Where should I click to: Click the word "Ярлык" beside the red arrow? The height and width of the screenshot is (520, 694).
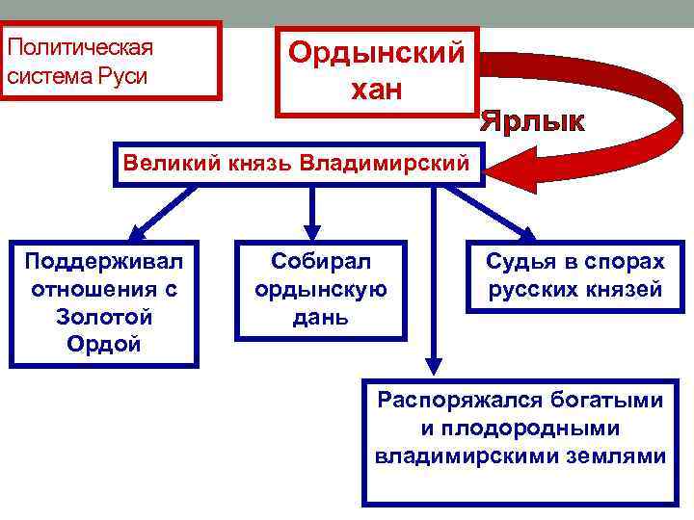point(533,122)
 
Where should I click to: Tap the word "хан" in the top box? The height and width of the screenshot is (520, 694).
point(377,91)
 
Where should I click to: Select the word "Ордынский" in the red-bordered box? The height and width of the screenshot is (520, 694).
point(377,54)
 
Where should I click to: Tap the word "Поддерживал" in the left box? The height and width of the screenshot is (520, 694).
point(104,262)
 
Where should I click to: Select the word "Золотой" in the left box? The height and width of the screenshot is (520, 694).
point(104,317)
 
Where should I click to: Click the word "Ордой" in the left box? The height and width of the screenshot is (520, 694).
point(104,344)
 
